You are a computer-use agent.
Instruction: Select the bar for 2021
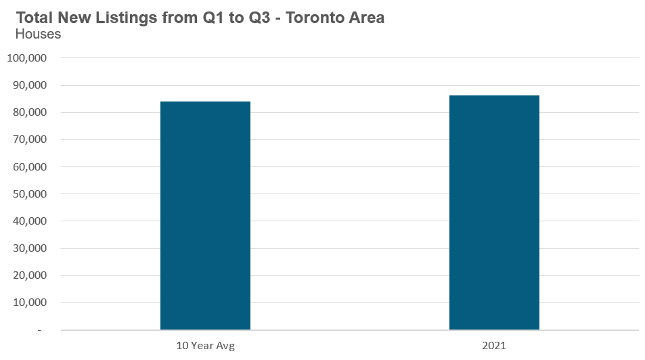click(x=494, y=212)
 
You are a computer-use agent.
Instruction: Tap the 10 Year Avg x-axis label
click(x=205, y=346)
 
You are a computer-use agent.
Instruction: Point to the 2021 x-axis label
click(x=494, y=346)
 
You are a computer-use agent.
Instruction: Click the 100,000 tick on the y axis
click(x=26, y=58)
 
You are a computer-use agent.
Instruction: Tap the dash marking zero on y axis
click(x=39, y=330)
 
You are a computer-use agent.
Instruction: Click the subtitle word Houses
click(x=38, y=34)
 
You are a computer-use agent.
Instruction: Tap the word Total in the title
click(x=34, y=18)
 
